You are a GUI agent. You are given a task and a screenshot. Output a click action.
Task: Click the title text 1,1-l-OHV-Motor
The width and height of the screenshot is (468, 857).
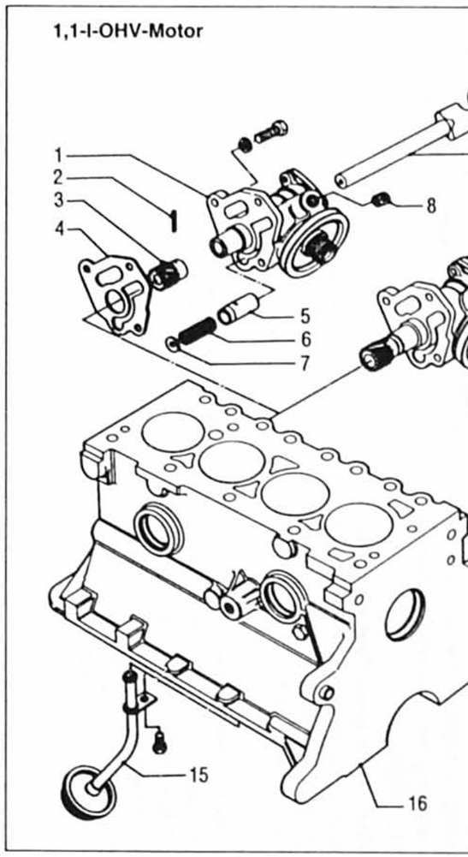point(128,32)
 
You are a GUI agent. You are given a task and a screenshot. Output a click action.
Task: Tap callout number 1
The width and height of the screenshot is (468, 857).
point(58,155)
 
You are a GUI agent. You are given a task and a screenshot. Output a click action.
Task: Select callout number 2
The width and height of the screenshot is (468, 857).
point(58,178)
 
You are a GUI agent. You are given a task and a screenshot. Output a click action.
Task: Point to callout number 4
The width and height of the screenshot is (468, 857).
point(58,229)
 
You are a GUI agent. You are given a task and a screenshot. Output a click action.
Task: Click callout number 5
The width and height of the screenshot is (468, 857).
point(304,317)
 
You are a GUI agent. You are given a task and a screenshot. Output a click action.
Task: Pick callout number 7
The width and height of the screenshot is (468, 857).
point(304,363)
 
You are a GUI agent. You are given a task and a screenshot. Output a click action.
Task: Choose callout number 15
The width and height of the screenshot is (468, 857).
point(198,775)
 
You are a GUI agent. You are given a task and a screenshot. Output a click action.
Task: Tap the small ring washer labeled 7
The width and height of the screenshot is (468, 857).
point(172,345)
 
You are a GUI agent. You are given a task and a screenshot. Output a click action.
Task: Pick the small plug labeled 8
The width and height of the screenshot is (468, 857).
point(381,201)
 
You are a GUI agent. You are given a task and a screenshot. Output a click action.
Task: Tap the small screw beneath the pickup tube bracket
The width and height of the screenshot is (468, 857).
point(158,743)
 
